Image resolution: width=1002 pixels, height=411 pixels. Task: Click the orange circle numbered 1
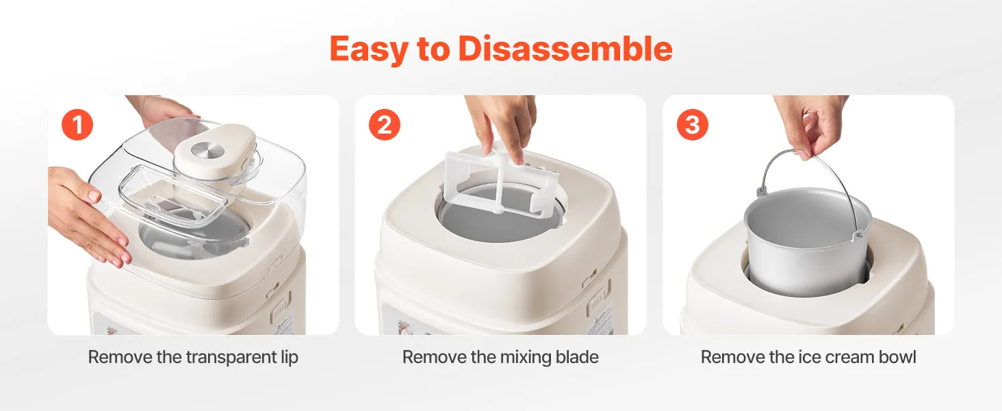[x=77, y=125]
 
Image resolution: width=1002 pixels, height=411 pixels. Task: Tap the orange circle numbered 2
[x=385, y=125]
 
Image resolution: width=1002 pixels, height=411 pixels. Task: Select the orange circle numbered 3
[x=693, y=125]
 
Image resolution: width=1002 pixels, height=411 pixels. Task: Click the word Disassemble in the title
[x=565, y=49]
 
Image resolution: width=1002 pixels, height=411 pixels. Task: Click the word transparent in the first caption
[x=232, y=358]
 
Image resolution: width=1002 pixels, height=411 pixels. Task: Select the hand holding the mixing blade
[x=501, y=125]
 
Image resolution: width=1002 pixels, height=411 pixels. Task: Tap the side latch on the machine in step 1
[x=280, y=302]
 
